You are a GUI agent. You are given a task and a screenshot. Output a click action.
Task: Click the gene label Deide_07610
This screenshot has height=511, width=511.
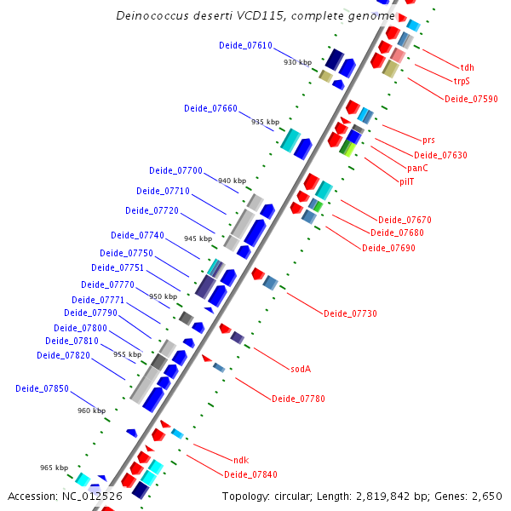(x=245, y=45)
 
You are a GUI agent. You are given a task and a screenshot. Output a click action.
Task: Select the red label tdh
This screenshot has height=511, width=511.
(x=467, y=66)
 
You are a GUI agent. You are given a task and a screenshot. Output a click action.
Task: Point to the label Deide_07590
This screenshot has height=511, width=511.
(x=471, y=99)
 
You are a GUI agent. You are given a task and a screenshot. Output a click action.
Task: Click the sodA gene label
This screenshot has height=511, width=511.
(x=301, y=370)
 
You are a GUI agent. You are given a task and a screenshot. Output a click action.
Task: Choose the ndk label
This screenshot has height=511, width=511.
(x=240, y=460)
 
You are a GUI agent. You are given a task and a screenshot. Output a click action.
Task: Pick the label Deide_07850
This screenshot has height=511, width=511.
(x=42, y=388)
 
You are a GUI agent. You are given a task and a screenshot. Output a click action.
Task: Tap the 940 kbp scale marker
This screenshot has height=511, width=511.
(x=232, y=181)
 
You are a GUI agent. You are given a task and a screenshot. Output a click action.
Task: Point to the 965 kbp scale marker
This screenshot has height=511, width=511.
(x=54, y=468)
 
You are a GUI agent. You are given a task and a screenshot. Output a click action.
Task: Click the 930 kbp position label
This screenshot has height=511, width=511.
(x=297, y=62)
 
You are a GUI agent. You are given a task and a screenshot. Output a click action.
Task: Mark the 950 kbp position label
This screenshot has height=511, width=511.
(x=163, y=296)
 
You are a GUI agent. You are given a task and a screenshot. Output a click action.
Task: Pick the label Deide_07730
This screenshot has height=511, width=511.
(x=350, y=313)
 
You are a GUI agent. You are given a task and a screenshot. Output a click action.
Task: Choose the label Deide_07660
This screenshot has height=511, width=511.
(x=210, y=108)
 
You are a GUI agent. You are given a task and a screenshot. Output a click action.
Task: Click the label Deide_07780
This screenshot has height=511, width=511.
(x=298, y=399)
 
